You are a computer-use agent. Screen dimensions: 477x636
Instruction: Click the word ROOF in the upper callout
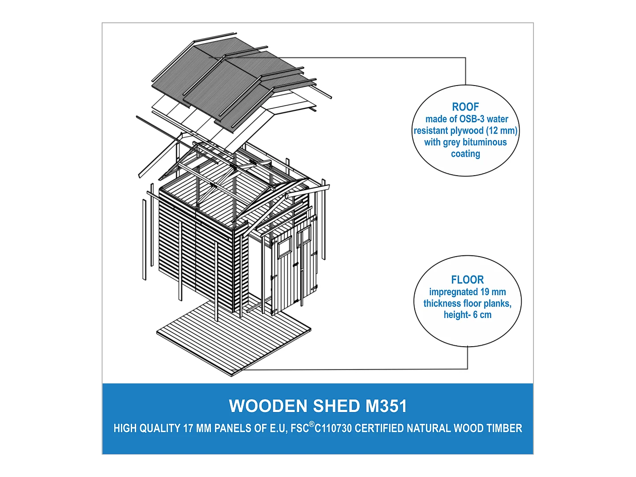(x=465, y=107)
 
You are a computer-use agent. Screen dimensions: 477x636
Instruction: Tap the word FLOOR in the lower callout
(x=467, y=280)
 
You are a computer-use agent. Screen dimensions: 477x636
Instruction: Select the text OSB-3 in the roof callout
(x=472, y=119)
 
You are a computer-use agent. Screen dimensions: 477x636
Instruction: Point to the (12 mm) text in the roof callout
(x=502, y=131)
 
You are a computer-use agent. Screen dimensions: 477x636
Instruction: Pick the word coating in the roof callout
(x=465, y=154)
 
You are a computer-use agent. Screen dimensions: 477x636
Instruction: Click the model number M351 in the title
(x=386, y=406)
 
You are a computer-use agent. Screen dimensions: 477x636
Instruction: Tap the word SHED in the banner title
(x=336, y=406)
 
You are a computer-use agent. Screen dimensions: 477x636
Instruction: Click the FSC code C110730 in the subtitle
(x=334, y=429)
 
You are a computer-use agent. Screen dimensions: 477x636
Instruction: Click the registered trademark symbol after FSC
(x=312, y=424)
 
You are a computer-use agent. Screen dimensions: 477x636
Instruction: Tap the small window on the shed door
(x=284, y=247)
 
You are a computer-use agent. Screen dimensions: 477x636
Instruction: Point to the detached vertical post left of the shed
(x=144, y=240)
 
